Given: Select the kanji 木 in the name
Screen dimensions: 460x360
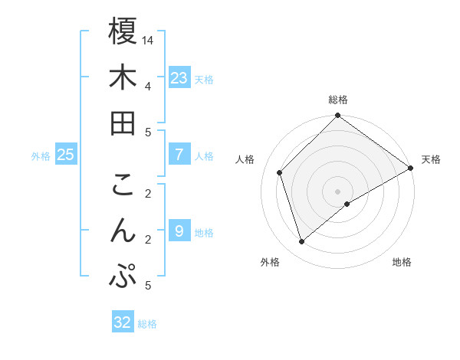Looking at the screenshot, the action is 123,77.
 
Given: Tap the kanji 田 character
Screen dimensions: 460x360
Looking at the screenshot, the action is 123,123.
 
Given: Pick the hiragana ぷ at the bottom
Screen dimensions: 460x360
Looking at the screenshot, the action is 123,276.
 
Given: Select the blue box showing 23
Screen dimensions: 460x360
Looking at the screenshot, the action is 179,78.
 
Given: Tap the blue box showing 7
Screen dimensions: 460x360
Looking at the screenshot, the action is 179,155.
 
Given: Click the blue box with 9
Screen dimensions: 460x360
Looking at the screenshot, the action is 179,231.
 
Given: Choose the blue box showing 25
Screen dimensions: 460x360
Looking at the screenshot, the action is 66,155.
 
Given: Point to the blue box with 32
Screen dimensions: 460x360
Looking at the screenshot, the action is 123,322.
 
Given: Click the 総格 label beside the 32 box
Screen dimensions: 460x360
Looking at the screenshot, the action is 147,324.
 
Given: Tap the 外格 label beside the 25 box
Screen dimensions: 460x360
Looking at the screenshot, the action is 41,156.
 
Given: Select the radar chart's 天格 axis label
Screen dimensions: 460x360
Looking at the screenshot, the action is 431,159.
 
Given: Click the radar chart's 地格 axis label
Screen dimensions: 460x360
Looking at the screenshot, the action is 402,263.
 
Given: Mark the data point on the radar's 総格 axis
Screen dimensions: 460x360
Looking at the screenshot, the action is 337,116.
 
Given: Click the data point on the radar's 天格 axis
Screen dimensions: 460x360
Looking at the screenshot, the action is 411,169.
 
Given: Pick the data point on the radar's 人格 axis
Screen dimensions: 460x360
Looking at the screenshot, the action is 280,172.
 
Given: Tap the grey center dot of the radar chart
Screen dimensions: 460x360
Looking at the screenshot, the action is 337,191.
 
